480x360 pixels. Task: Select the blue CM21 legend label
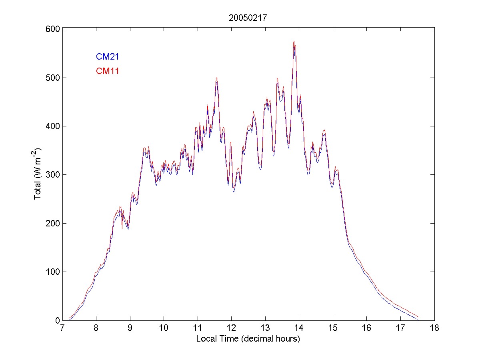click(x=107, y=57)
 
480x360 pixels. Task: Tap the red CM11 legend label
click(x=107, y=71)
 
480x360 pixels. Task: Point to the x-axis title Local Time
click(x=248, y=339)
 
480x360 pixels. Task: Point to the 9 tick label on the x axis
click(x=130, y=328)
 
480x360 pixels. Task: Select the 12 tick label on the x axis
click(x=231, y=328)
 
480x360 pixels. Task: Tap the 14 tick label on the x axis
click(x=299, y=328)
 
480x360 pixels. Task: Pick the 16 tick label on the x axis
click(x=366, y=328)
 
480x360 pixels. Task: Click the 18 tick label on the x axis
click(x=434, y=328)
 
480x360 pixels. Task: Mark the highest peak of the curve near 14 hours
click(x=294, y=42)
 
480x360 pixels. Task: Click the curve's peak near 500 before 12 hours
click(x=216, y=78)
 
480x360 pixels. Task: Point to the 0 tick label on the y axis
click(x=57, y=320)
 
